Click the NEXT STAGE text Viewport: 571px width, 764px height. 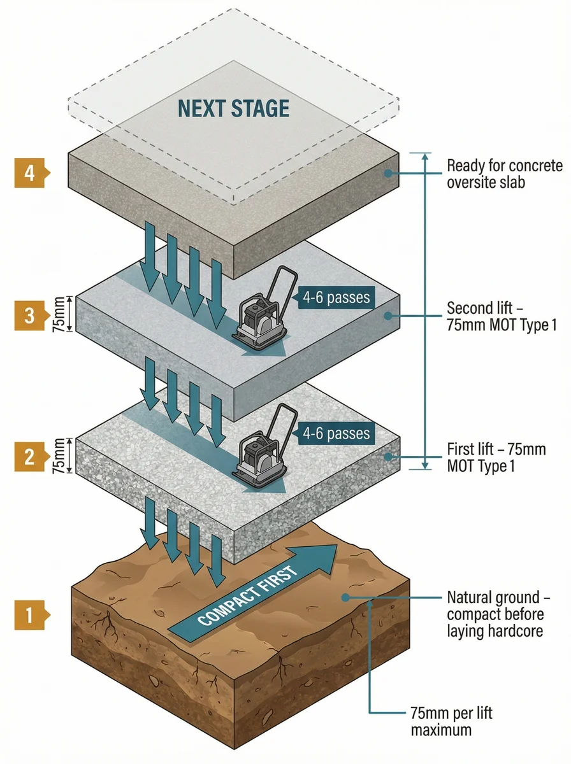(233, 109)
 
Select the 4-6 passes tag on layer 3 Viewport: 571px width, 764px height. (335, 297)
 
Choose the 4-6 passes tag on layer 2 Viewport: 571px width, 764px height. (335, 434)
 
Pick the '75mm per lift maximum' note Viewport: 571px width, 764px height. (451, 721)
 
